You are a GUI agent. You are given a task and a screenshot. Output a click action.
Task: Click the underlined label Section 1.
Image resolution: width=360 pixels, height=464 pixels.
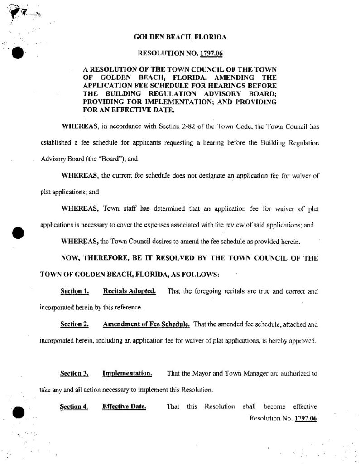click(74, 291)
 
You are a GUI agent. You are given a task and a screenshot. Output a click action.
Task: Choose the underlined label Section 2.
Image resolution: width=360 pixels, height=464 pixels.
click(74, 324)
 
